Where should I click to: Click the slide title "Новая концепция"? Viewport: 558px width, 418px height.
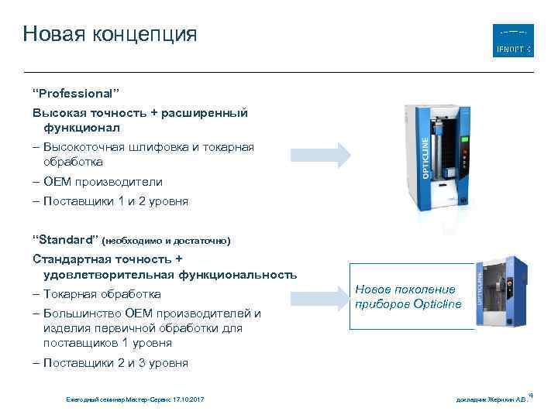[x=110, y=34]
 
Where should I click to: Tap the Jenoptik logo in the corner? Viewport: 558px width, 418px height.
[x=513, y=40]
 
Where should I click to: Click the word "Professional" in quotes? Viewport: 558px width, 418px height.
[x=75, y=93]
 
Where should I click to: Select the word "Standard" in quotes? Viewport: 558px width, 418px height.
[x=65, y=239]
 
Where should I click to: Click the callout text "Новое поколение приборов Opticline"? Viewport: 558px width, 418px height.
[x=408, y=296]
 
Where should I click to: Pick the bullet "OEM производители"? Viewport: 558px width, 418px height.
[x=102, y=182]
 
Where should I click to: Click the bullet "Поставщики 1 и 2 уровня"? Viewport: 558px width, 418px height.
[x=115, y=201]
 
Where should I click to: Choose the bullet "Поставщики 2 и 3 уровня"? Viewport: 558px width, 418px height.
[x=115, y=363]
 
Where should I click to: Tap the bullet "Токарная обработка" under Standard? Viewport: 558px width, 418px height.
[x=102, y=294]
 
